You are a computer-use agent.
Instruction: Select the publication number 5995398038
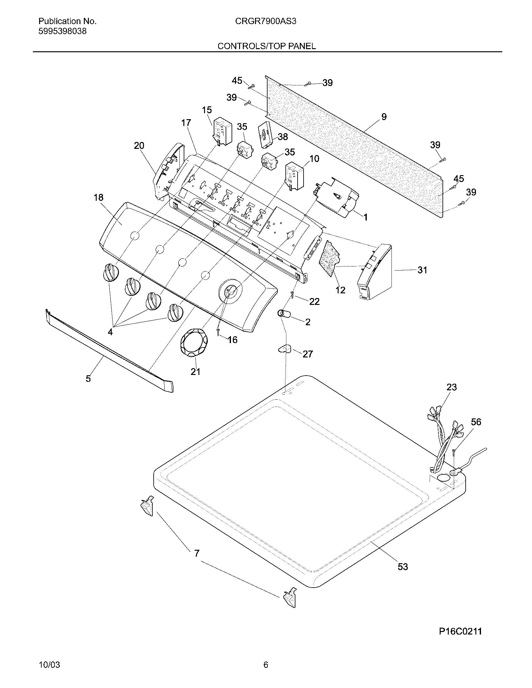pos(62,32)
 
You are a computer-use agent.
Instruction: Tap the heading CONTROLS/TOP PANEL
pos(267,46)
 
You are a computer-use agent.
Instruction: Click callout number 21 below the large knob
pos(195,372)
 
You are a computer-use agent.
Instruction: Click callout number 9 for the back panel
pos(384,117)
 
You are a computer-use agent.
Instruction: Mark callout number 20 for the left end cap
pos(139,145)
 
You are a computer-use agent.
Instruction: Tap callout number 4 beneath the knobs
pos(110,332)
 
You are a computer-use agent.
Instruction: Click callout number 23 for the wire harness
pos(452,387)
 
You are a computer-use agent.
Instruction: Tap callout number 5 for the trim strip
pos(88,378)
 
